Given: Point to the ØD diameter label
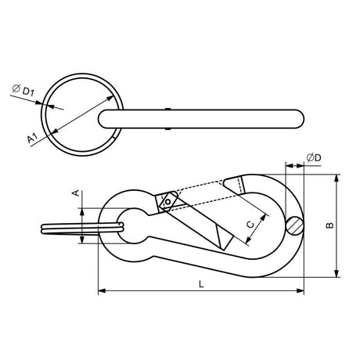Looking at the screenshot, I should [313, 159].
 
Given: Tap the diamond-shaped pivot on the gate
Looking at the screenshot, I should [167, 203].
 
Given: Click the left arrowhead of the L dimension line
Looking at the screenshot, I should [100, 291].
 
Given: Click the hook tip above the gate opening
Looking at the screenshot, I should [232, 185].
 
